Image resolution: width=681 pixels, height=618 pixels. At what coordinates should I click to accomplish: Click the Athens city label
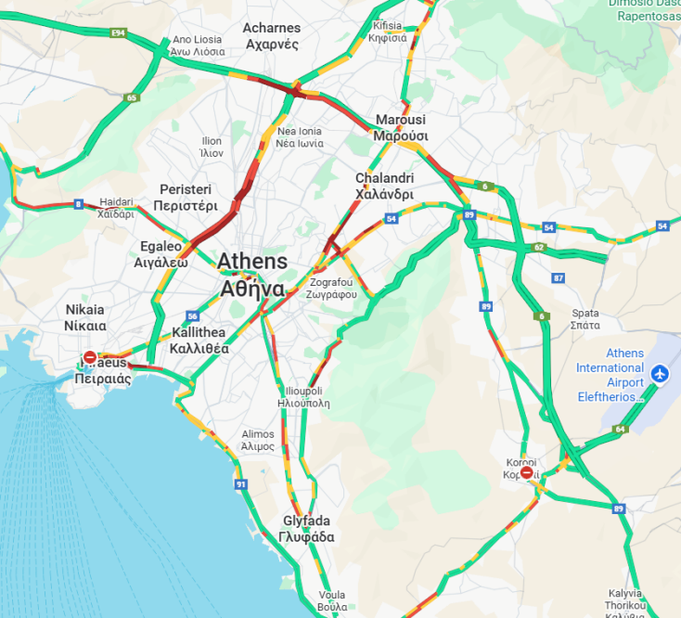(252, 274)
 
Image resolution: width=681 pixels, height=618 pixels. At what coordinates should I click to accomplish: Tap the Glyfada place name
(305, 529)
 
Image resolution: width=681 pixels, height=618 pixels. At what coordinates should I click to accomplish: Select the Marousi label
(400, 127)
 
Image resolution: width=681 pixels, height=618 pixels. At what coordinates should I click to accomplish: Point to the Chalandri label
(384, 186)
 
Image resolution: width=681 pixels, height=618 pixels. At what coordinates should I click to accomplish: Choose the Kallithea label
(198, 341)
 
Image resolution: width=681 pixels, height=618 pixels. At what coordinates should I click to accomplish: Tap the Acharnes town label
(271, 35)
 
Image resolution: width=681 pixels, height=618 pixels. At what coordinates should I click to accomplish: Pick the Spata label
(585, 318)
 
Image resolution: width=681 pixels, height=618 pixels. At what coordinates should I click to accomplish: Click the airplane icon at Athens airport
(660, 373)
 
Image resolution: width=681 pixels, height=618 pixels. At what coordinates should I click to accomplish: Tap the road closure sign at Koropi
(527, 472)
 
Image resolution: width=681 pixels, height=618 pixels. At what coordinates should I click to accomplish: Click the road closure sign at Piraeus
(89, 357)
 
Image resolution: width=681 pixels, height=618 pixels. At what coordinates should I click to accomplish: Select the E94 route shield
(117, 33)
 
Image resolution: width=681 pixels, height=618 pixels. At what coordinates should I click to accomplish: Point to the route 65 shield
(132, 97)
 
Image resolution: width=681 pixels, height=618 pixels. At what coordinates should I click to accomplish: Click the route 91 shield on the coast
(241, 484)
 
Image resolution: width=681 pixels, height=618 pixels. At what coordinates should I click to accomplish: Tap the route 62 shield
(539, 248)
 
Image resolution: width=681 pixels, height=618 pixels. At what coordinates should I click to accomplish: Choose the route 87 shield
(558, 277)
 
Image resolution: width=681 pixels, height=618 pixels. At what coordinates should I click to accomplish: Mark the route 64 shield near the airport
(620, 429)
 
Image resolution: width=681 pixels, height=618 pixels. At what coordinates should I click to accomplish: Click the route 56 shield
(192, 315)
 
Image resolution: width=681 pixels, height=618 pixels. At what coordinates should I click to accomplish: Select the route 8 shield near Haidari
(79, 203)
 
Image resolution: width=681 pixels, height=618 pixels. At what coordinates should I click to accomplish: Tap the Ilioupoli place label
(303, 396)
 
